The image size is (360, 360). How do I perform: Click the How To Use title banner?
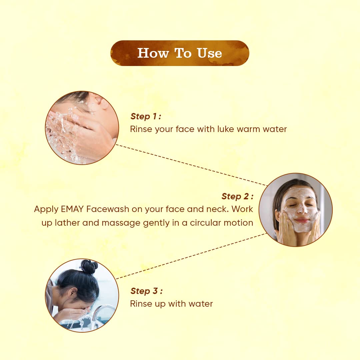pyautogui.click(x=180, y=53)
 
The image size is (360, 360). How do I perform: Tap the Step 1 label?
pyautogui.click(x=146, y=116)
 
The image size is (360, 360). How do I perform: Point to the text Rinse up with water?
pyautogui.click(x=171, y=304)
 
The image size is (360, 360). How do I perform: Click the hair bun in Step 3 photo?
pyautogui.click(x=88, y=266)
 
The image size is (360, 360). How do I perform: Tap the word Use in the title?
pyautogui.click(x=209, y=53)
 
